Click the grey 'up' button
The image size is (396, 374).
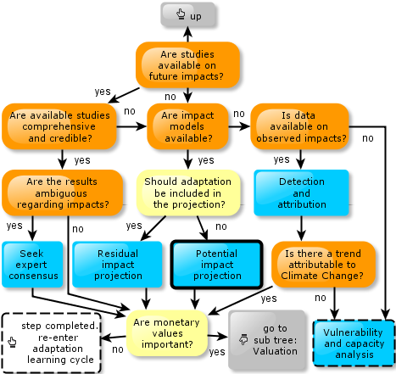188,14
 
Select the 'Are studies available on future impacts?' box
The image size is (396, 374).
187,65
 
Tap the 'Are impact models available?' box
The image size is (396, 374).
187,126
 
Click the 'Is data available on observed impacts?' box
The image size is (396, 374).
299,126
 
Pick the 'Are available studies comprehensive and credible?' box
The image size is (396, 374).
59,126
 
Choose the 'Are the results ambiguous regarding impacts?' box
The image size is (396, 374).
62,193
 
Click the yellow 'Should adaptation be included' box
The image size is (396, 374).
188,193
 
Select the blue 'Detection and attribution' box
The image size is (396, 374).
301,193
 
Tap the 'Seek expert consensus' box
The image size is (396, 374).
32,265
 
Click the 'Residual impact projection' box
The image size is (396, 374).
117,265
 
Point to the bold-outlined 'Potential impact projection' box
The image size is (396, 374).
217,265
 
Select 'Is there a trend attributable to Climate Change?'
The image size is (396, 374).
323,265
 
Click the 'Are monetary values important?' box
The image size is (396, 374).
167,333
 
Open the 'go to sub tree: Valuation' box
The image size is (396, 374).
267,340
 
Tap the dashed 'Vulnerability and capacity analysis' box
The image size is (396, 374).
354,343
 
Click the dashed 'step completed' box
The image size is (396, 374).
52,343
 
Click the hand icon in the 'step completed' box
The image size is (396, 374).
12,342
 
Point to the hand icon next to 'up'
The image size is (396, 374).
181,14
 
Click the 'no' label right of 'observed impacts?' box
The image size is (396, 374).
368,138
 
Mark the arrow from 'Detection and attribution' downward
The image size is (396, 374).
301,228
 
